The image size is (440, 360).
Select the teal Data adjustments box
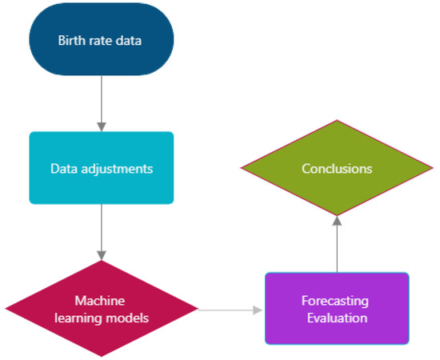(x=101, y=168)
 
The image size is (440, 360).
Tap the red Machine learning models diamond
(x=101, y=309)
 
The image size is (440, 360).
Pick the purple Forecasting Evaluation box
(x=337, y=309)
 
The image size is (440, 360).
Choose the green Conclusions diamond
(x=337, y=168)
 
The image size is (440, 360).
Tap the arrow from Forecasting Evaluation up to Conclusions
(x=337, y=244)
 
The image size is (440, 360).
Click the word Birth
(x=71, y=40)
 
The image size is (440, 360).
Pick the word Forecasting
(x=335, y=302)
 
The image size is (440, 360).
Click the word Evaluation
(x=337, y=318)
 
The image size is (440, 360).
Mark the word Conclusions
(x=337, y=169)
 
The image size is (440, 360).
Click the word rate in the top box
(x=98, y=40)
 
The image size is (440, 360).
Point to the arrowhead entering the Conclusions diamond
(x=337, y=221)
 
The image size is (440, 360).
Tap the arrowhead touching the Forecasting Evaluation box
(x=258, y=309)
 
